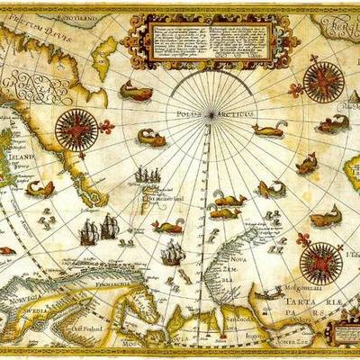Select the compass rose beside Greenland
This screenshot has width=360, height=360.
[x=76, y=129]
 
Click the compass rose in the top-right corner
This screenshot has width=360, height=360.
[x=323, y=80]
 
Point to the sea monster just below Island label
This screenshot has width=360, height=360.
[x=41, y=189]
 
